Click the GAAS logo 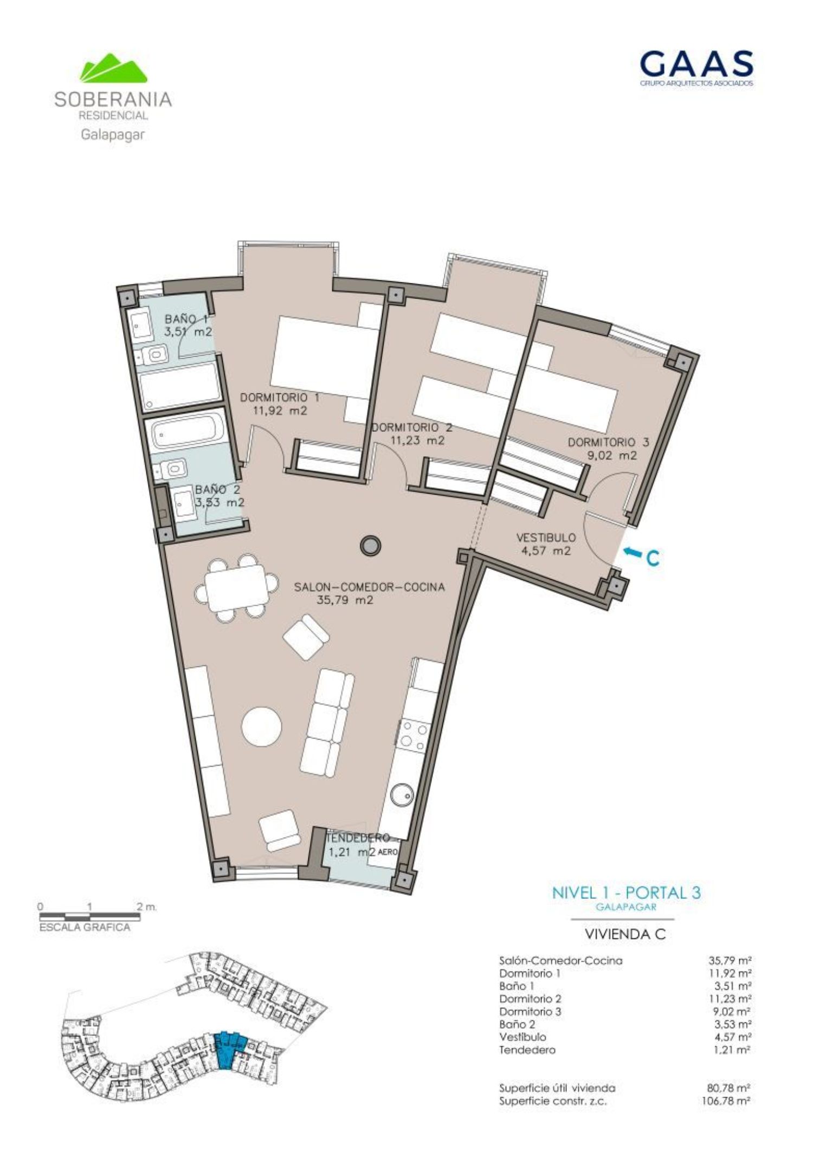[x=696, y=68]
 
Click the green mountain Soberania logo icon [x=114, y=68]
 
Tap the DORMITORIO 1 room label [x=280, y=404]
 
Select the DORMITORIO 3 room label [x=608, y=449]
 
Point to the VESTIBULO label [x=546, y=545]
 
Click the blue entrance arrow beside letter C [x=631, y=552]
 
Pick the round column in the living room [x=371, y=546]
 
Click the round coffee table [x=261, y=726]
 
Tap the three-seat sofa [x=327, y=723]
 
